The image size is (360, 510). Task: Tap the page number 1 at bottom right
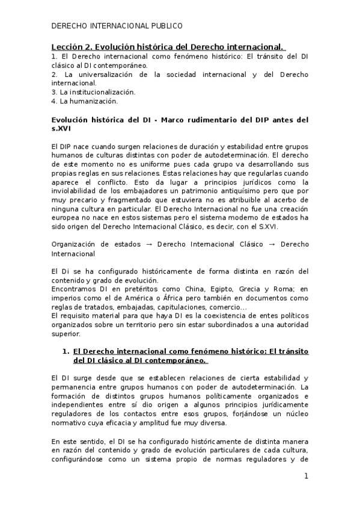point(306,476)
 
